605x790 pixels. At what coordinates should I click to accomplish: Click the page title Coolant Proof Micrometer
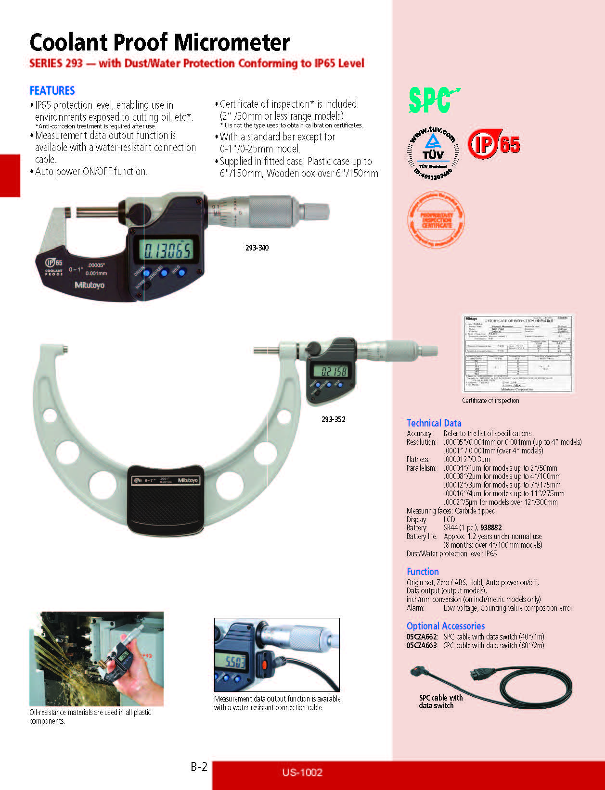pos(160,42)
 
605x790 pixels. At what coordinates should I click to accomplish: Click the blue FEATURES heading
pos(52,90)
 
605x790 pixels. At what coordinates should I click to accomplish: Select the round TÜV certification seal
pos(433,152)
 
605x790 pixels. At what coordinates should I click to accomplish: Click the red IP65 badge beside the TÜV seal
pos(494,144)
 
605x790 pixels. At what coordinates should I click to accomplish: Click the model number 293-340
pos(257,248)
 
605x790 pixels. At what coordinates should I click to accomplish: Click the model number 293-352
pos(333,419)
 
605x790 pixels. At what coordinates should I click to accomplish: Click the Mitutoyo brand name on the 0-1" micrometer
pos(89,285)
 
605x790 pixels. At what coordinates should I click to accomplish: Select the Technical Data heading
pos(434,423)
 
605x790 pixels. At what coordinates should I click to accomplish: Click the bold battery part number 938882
pos(491,527)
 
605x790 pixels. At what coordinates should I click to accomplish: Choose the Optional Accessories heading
pos(445,626)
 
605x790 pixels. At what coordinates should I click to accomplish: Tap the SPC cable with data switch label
pos(440,702)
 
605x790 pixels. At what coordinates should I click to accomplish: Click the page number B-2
pos(199,766)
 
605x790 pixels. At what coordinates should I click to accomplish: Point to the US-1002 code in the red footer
pos(302,772)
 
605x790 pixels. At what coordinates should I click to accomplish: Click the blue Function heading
pos(423,572)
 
